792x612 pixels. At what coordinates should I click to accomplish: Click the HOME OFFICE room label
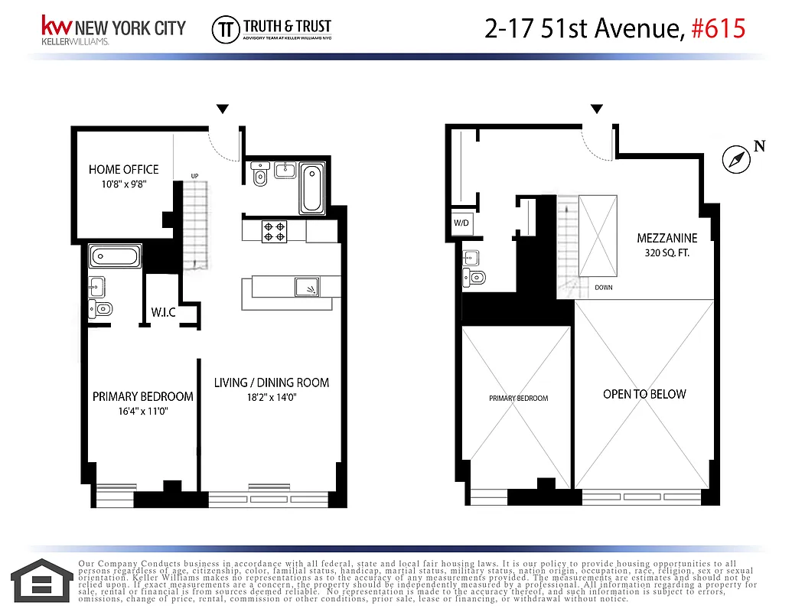coord(123,169)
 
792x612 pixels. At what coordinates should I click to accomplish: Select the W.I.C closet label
coord(163,312)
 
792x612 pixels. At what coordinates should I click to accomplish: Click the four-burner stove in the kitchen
coord(275,230)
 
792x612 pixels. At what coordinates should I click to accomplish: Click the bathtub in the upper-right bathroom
coord(311,188)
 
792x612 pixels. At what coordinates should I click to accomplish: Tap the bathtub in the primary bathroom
coord(116,256)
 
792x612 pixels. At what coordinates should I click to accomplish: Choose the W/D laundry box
coord(461,223)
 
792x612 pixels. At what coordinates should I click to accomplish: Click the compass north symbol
coord(735,159)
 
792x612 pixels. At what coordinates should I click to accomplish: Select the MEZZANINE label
coord(667,238)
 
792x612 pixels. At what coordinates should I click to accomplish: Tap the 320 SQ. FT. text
coord(663,252)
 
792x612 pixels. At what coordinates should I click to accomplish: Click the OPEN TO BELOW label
coord(644,394)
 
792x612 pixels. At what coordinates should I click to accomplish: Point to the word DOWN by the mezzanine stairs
coord(604,288)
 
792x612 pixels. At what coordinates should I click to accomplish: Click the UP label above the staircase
coord(194,177)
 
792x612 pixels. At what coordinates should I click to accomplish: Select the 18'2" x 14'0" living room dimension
coord(272,398)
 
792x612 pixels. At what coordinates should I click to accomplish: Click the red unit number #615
coord(718,29)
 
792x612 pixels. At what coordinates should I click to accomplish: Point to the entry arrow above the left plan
coord(222,109)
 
